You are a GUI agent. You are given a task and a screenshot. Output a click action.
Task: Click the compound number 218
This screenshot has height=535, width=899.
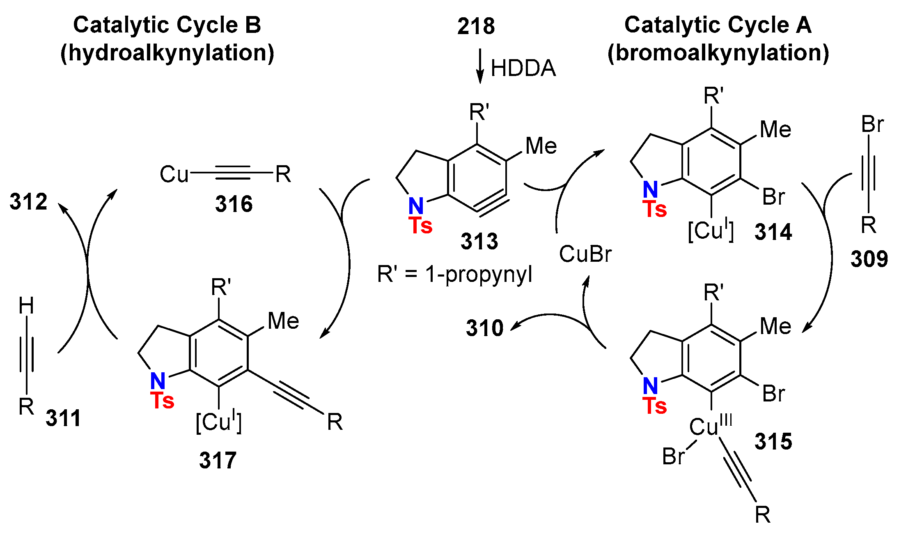tap(476, 26)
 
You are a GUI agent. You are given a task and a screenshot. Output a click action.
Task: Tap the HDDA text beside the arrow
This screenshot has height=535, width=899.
tap(523, 68)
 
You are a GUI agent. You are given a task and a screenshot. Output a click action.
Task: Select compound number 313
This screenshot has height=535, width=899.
tap(479, 241)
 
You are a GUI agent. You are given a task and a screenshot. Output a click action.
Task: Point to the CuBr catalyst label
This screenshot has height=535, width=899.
tap(585, 254)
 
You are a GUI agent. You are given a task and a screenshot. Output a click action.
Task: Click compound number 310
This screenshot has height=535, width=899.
tap(484, 328)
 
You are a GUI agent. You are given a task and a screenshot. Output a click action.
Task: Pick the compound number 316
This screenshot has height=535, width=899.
tap(234, 204)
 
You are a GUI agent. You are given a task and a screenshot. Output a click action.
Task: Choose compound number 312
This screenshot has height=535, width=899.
tap(28, 202)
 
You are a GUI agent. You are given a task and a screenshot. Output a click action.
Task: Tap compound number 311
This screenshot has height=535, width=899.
tap(63, 418)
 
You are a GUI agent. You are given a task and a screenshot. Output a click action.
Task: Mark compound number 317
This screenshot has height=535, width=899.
tap(218, 460)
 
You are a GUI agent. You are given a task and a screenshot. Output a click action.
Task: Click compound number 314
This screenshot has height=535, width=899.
tap(773, 232)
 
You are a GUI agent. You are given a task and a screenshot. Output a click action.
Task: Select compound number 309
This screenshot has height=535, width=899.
tap(869, 259)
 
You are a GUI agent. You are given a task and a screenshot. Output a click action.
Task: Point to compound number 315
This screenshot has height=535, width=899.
tap(773, 442)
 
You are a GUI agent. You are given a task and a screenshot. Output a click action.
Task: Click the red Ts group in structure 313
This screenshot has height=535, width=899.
tap(420, 226)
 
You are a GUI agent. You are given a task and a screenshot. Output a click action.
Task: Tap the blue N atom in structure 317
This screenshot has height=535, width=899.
tap(158, 381)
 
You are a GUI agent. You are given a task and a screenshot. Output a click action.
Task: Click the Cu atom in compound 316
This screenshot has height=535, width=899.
tap(174, 174)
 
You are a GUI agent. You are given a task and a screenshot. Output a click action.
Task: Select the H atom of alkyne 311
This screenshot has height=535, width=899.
tap(26, 306)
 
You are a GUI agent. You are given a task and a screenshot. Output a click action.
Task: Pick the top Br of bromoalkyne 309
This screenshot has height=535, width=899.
tap(872, 124)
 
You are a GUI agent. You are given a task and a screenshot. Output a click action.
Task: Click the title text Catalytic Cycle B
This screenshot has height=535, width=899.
tap(167, 25)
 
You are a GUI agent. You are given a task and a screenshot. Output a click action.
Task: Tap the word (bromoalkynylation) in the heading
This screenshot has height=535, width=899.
tap(718, 53)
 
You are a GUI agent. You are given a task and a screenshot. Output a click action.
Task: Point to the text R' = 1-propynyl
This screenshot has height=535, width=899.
tap(454, 274)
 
